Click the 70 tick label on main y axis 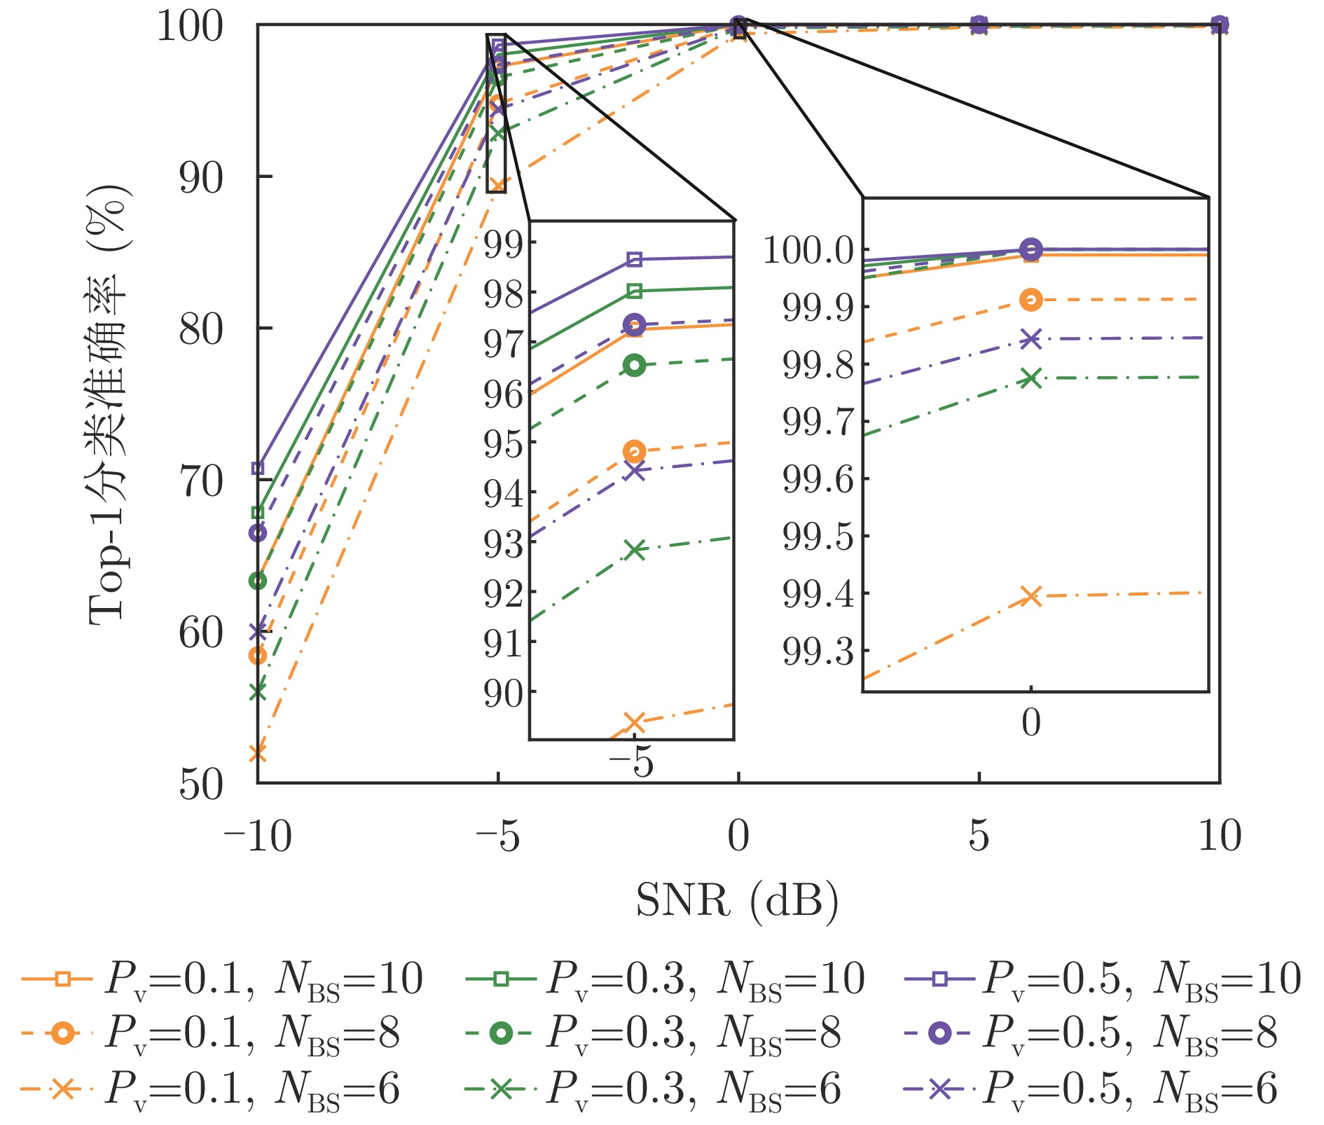(201, 481)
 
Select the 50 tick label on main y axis (201, 785)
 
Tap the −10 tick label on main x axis (256, 836)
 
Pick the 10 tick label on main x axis (1220, 836)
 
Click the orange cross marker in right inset (1030, 596)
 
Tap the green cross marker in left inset (635, 550)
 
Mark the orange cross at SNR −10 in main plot (258, 753)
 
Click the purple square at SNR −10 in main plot (258, 468)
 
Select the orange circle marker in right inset (1030, 300)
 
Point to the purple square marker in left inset (635, 259)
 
